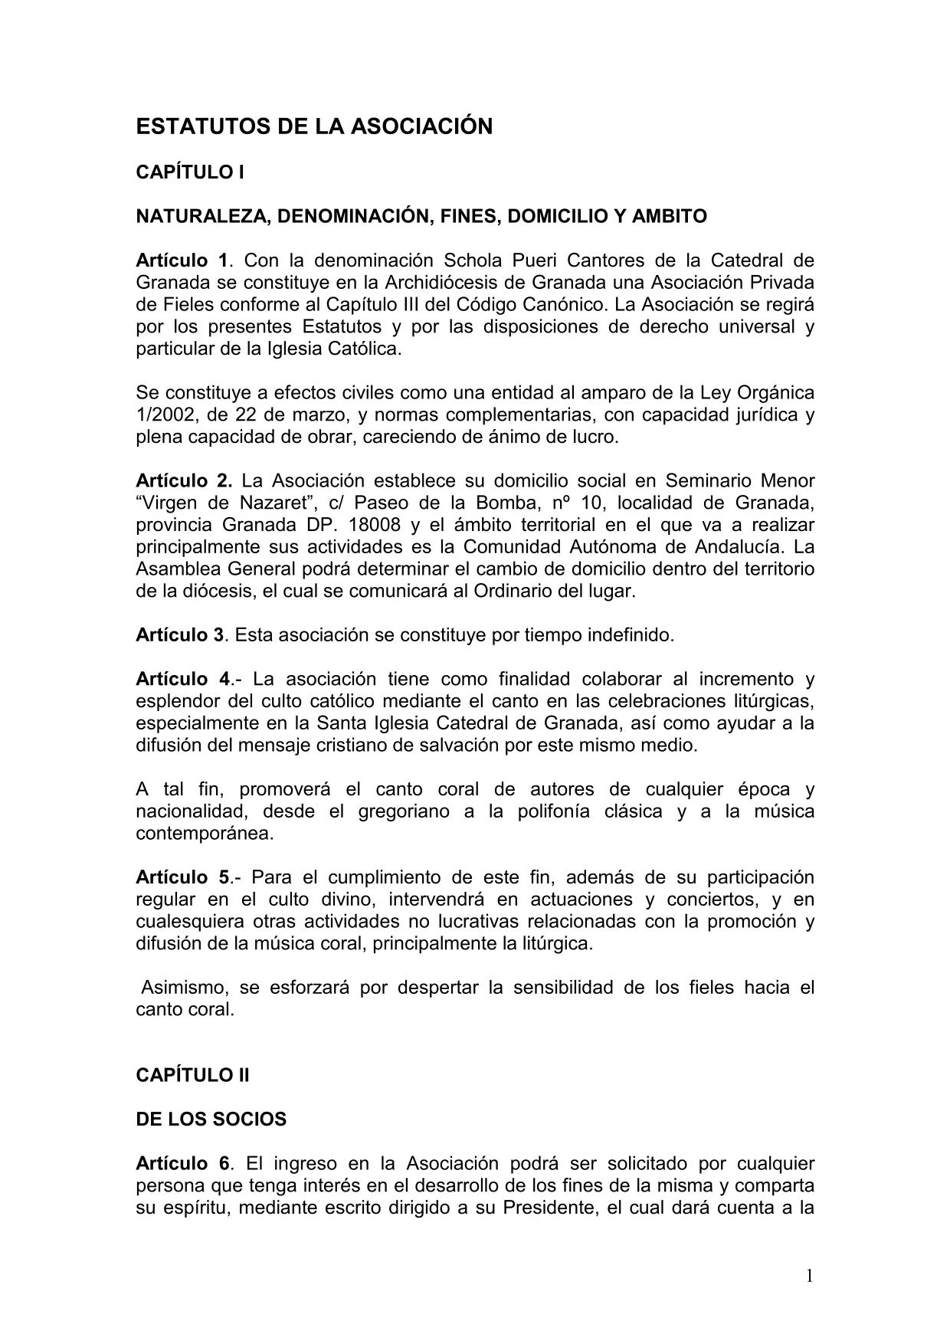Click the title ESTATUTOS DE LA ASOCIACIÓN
[x=314, y=126]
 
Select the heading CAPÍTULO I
[x=190, y=172]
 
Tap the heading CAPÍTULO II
[x=193, y=1075]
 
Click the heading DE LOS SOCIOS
[x=211, y=1119]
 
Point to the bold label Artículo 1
[x=182, y=260]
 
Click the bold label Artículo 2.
[x=183, y=481]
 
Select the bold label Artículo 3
[x=180, y=635]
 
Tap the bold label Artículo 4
[x=182, y=680]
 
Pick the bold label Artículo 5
[x=182, y=877]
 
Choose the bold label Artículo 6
[x=182, y=1164]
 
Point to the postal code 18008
[x=374, y=526]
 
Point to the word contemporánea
[x=205, y=834]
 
